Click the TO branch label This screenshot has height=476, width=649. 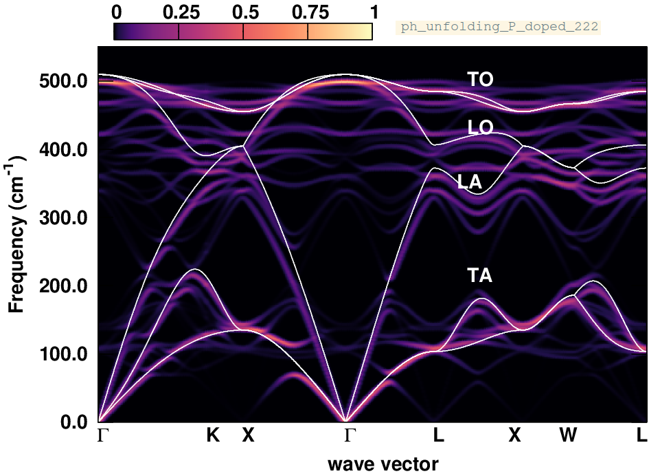[x=480, y=80]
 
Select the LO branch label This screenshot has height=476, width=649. [x=480, y=128]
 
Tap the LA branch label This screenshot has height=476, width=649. [x=470, y=182]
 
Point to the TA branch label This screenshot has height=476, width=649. [x=480, y=276]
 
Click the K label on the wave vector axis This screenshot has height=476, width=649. [x=213, y=435]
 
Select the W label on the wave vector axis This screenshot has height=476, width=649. [x=567, y=435]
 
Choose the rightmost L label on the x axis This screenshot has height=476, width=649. [x=641, y=435]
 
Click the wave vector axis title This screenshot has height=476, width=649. [x=383, y=464]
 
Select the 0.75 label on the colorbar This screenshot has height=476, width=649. [x=308, y=12]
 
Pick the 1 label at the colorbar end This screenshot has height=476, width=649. [x=373, y=12]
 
